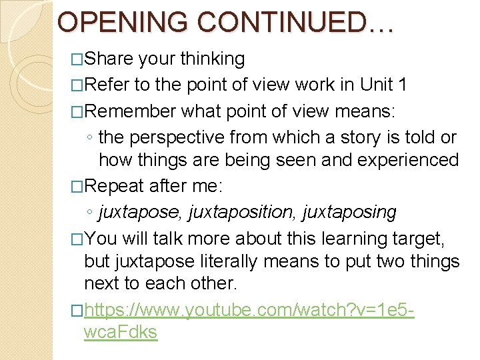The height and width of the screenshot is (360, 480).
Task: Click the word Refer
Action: pyautogui.click(x=107, y=85)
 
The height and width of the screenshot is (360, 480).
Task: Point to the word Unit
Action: pyautogui.click(x=379, y=85)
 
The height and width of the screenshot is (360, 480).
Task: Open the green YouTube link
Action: pyautogui.click(x=249, y=310)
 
